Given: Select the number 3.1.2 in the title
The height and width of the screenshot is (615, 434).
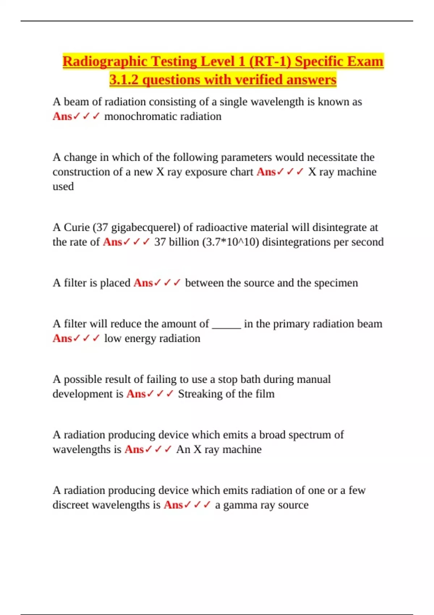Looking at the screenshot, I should (x=124, y=80).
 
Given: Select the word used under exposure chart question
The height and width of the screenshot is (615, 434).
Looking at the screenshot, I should (x=63, y=186).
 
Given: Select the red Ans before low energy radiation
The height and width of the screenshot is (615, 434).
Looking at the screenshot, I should (x=62, y=338).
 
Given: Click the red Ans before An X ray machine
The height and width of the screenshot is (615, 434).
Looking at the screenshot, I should (x=134, y=449).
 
